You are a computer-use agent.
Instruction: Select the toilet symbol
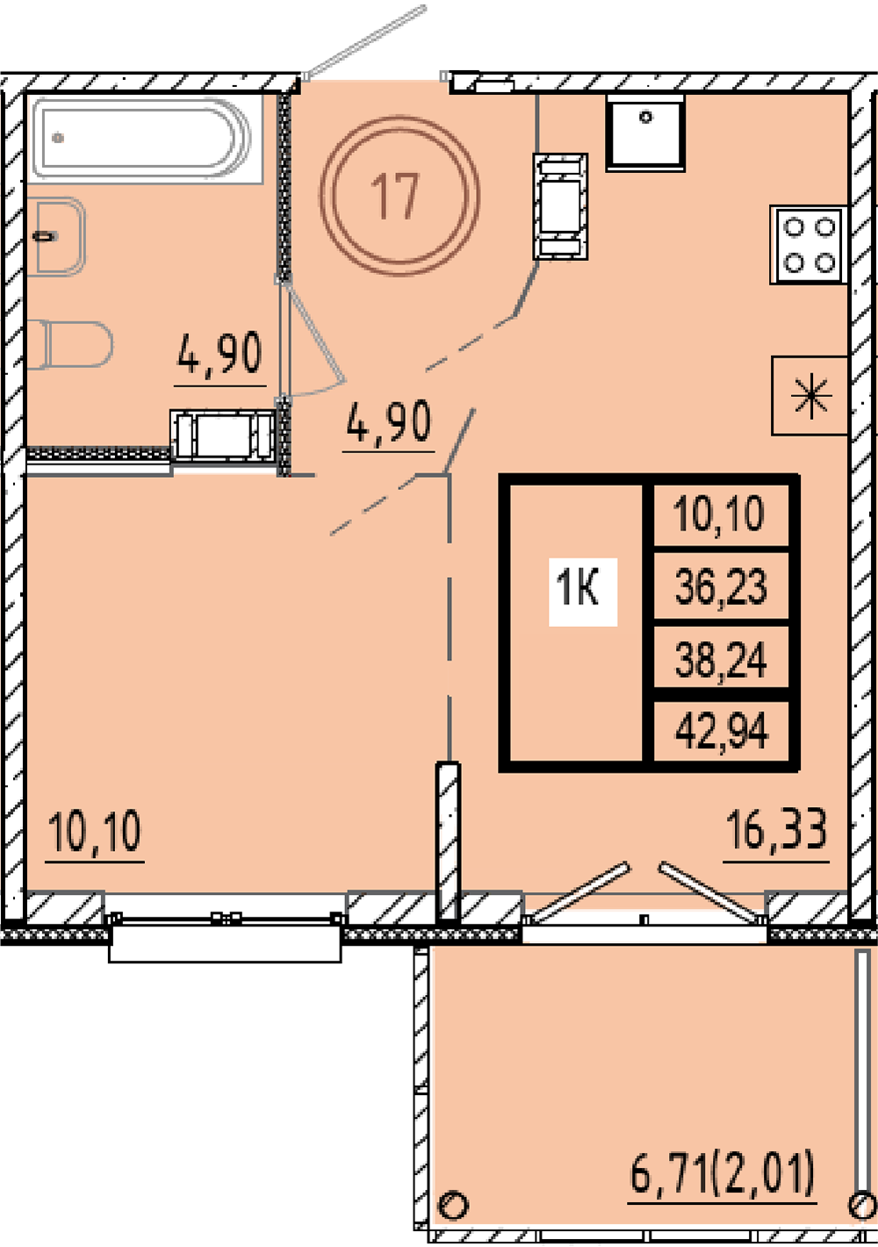click(x=70, y=344)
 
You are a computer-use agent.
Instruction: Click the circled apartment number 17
click(x=399, y=196)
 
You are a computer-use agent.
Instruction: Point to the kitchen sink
click(x=645, y=133)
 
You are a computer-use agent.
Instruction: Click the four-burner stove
click(x=809, y=244)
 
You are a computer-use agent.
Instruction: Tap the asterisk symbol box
click(x=810, y=396)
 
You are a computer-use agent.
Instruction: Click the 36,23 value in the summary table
click(x=721, y=587)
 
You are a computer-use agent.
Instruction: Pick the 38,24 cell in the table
click(x=721, y=658)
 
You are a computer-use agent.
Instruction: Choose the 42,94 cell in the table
click(x=721, y=731)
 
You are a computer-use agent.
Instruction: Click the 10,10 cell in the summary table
click(x=721, y=514)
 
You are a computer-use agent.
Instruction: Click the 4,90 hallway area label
click(x=389, y=422)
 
